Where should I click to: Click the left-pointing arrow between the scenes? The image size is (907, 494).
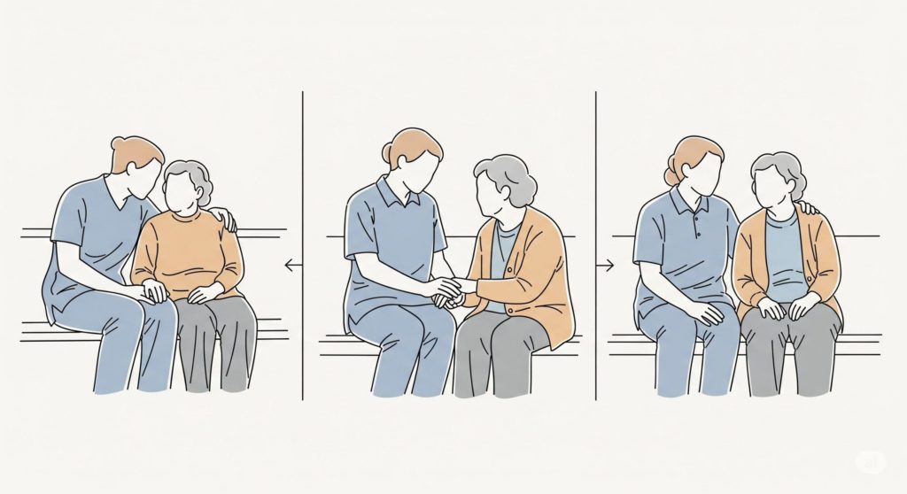[x=290, y=264]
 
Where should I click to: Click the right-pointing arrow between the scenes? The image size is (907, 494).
[x=608, y=264]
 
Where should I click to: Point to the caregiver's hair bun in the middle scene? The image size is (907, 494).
[x=387, y=153]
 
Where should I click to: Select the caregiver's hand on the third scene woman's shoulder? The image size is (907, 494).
[x=806, y=209]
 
